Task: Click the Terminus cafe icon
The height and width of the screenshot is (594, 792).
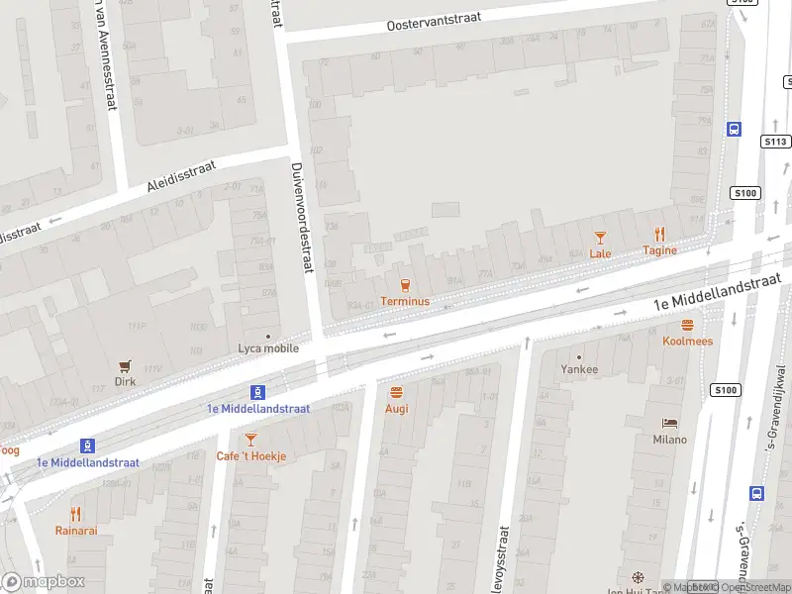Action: pos(404,284)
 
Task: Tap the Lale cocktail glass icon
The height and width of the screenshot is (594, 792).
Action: pos(600,237)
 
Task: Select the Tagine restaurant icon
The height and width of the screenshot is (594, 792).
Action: pos(659,235)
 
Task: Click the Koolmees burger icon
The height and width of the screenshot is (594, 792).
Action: pos(687,325)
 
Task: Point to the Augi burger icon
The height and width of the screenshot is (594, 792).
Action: pos(396,392)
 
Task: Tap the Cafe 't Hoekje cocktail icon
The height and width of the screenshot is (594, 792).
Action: pos(250,439)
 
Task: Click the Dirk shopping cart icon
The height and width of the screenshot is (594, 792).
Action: pos(125,365)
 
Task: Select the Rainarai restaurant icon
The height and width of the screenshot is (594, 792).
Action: pos(76,514)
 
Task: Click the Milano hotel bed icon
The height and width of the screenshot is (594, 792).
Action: pos(669,423)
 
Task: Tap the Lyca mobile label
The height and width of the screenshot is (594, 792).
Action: pos(268,348)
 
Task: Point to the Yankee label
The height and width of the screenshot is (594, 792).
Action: pos(579,369)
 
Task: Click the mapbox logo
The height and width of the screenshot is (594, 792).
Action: pos(44,581)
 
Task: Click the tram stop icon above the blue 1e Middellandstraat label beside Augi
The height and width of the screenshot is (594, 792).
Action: pos(258,391)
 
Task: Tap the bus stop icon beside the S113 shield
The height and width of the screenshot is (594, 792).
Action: pos(735,129)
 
